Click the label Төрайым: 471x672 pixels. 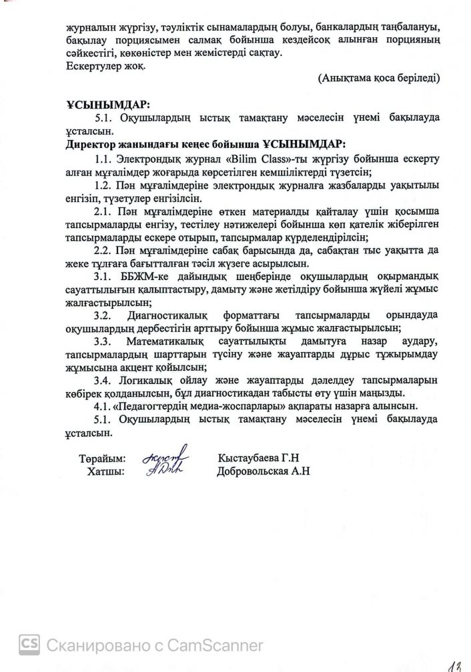click(102, 459)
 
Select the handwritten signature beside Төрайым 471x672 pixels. click(166, 453)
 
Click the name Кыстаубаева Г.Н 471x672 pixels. click(260, 459)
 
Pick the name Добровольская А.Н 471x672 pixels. click(264, 471)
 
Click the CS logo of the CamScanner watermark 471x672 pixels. click(29, 644)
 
